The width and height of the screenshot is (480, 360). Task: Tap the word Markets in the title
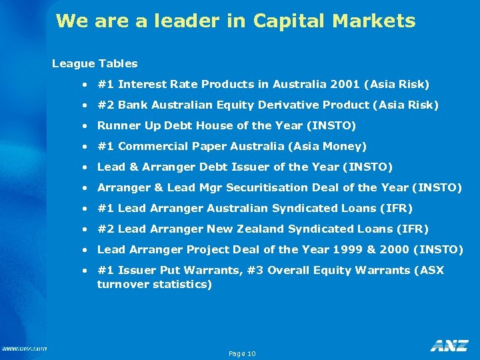(x=375, y=21)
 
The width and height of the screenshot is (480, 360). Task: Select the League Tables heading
(x=95, y=64)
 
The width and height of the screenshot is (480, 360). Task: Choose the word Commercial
(x=148, y=146)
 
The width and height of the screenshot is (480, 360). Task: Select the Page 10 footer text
(x=242, y=353)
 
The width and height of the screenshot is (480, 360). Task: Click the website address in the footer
(x=24, y=348)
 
